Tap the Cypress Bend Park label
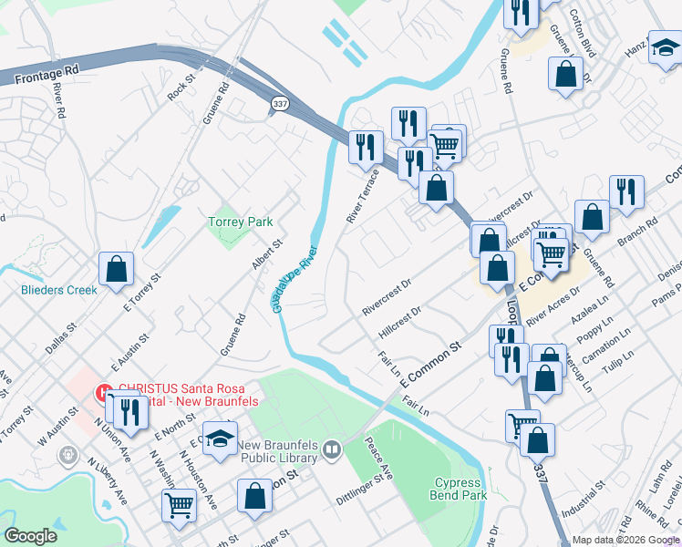point(459,489)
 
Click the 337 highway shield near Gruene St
point(278,106)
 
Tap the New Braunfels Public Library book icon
point(333,449)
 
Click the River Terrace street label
point(362,195)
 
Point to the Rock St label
point(182,88)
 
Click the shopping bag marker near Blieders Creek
point(117,269)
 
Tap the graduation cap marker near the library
point(219,439)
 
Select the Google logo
point(31,536)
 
